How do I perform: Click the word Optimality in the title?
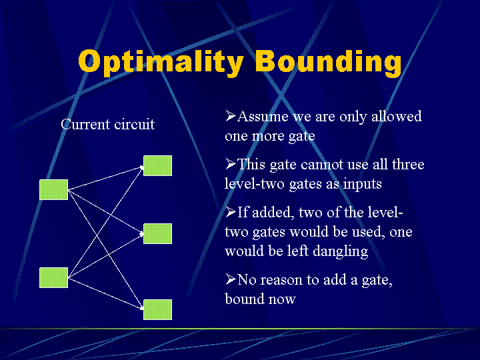coord(161,62)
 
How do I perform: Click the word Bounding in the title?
coord(328,62)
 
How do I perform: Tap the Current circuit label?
coord(107,125)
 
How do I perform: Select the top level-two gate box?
coord(157,165)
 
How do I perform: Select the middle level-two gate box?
coord(157,233)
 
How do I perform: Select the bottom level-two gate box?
coord(157,309)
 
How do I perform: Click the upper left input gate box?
coord(53,189)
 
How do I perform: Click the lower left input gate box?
coord(53,277)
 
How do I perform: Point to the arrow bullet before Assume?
coord(231,116)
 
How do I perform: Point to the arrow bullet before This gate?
coord(231,164)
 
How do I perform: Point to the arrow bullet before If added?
coord(231,213)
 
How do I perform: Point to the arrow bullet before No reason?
coord(231,280)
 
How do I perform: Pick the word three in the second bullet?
coord(406,165)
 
